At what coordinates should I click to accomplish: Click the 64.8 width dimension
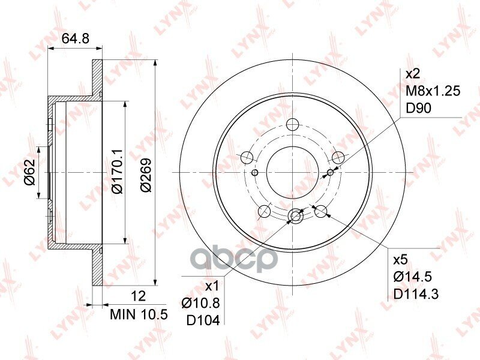76,38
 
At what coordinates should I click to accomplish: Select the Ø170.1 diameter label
117,172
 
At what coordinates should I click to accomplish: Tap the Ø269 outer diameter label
146,175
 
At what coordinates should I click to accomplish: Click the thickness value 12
138,296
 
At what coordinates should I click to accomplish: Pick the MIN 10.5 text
139,314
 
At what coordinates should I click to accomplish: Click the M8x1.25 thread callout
433,91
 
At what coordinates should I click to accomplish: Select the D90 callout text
418,108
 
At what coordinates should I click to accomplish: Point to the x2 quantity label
413,74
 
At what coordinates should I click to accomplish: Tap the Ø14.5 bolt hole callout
413,277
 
